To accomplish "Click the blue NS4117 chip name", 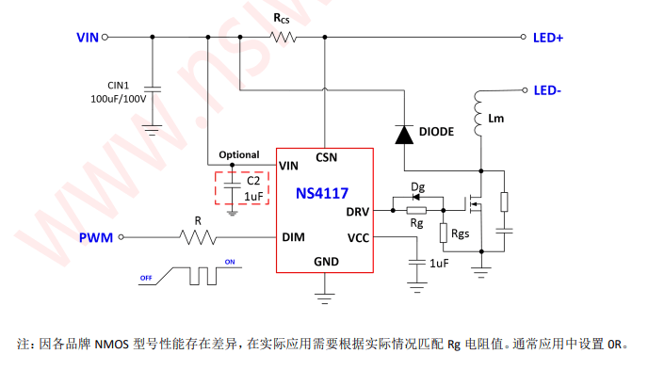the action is point(322,193).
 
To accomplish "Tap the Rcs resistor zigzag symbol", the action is point(283,37).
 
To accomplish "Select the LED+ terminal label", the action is point(548,38).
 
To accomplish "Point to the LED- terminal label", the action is point(547,90).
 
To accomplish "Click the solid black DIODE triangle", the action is point(404,135).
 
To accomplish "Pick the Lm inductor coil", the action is point(478,114).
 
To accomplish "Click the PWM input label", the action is point(96,238).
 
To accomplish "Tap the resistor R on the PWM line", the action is point(198,237).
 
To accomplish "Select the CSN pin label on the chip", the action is point(327,157).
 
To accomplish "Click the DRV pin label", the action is point(358,212).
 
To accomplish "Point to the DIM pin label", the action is point(294,237).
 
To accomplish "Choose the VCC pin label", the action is point(358,238).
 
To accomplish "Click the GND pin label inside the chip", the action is point(326,262).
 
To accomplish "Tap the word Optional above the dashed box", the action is point(239,154).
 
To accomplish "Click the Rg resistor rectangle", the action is point(416,211).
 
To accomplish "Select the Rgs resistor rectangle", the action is point(444,233).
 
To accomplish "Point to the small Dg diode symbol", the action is point(416,198).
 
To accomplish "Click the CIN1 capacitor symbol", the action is point(153,89).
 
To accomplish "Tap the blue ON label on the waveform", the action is point(230,262).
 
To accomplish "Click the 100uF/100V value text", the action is point(118,99).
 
